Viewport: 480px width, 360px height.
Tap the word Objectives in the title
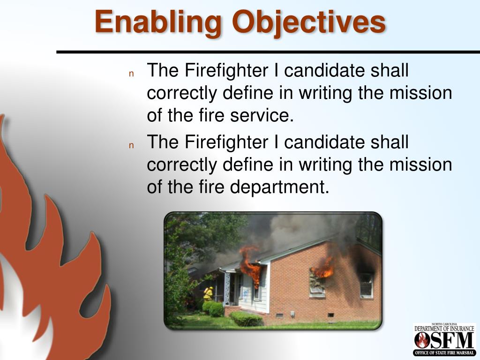tap(309, 22)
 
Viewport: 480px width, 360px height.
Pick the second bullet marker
tap(132, 145)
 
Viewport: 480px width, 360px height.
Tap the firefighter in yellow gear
tap(208, 293)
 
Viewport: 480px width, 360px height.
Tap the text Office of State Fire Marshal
tap(444, 352)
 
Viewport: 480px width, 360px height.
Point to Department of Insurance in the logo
tap(444, 329)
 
